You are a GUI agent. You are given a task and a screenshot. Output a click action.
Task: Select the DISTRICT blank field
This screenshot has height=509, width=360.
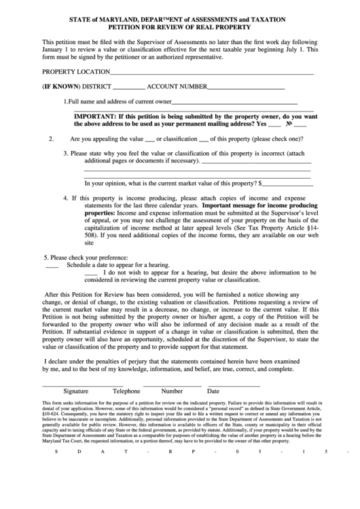click(x=128, y=88)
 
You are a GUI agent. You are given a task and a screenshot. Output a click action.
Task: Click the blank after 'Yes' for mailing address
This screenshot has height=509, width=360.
click(x=274, y=125)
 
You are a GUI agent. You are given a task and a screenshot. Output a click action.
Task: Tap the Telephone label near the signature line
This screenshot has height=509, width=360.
click(x=126, y=391)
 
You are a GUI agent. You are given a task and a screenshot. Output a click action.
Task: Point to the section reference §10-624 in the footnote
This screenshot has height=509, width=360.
click(x=51, y=413)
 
